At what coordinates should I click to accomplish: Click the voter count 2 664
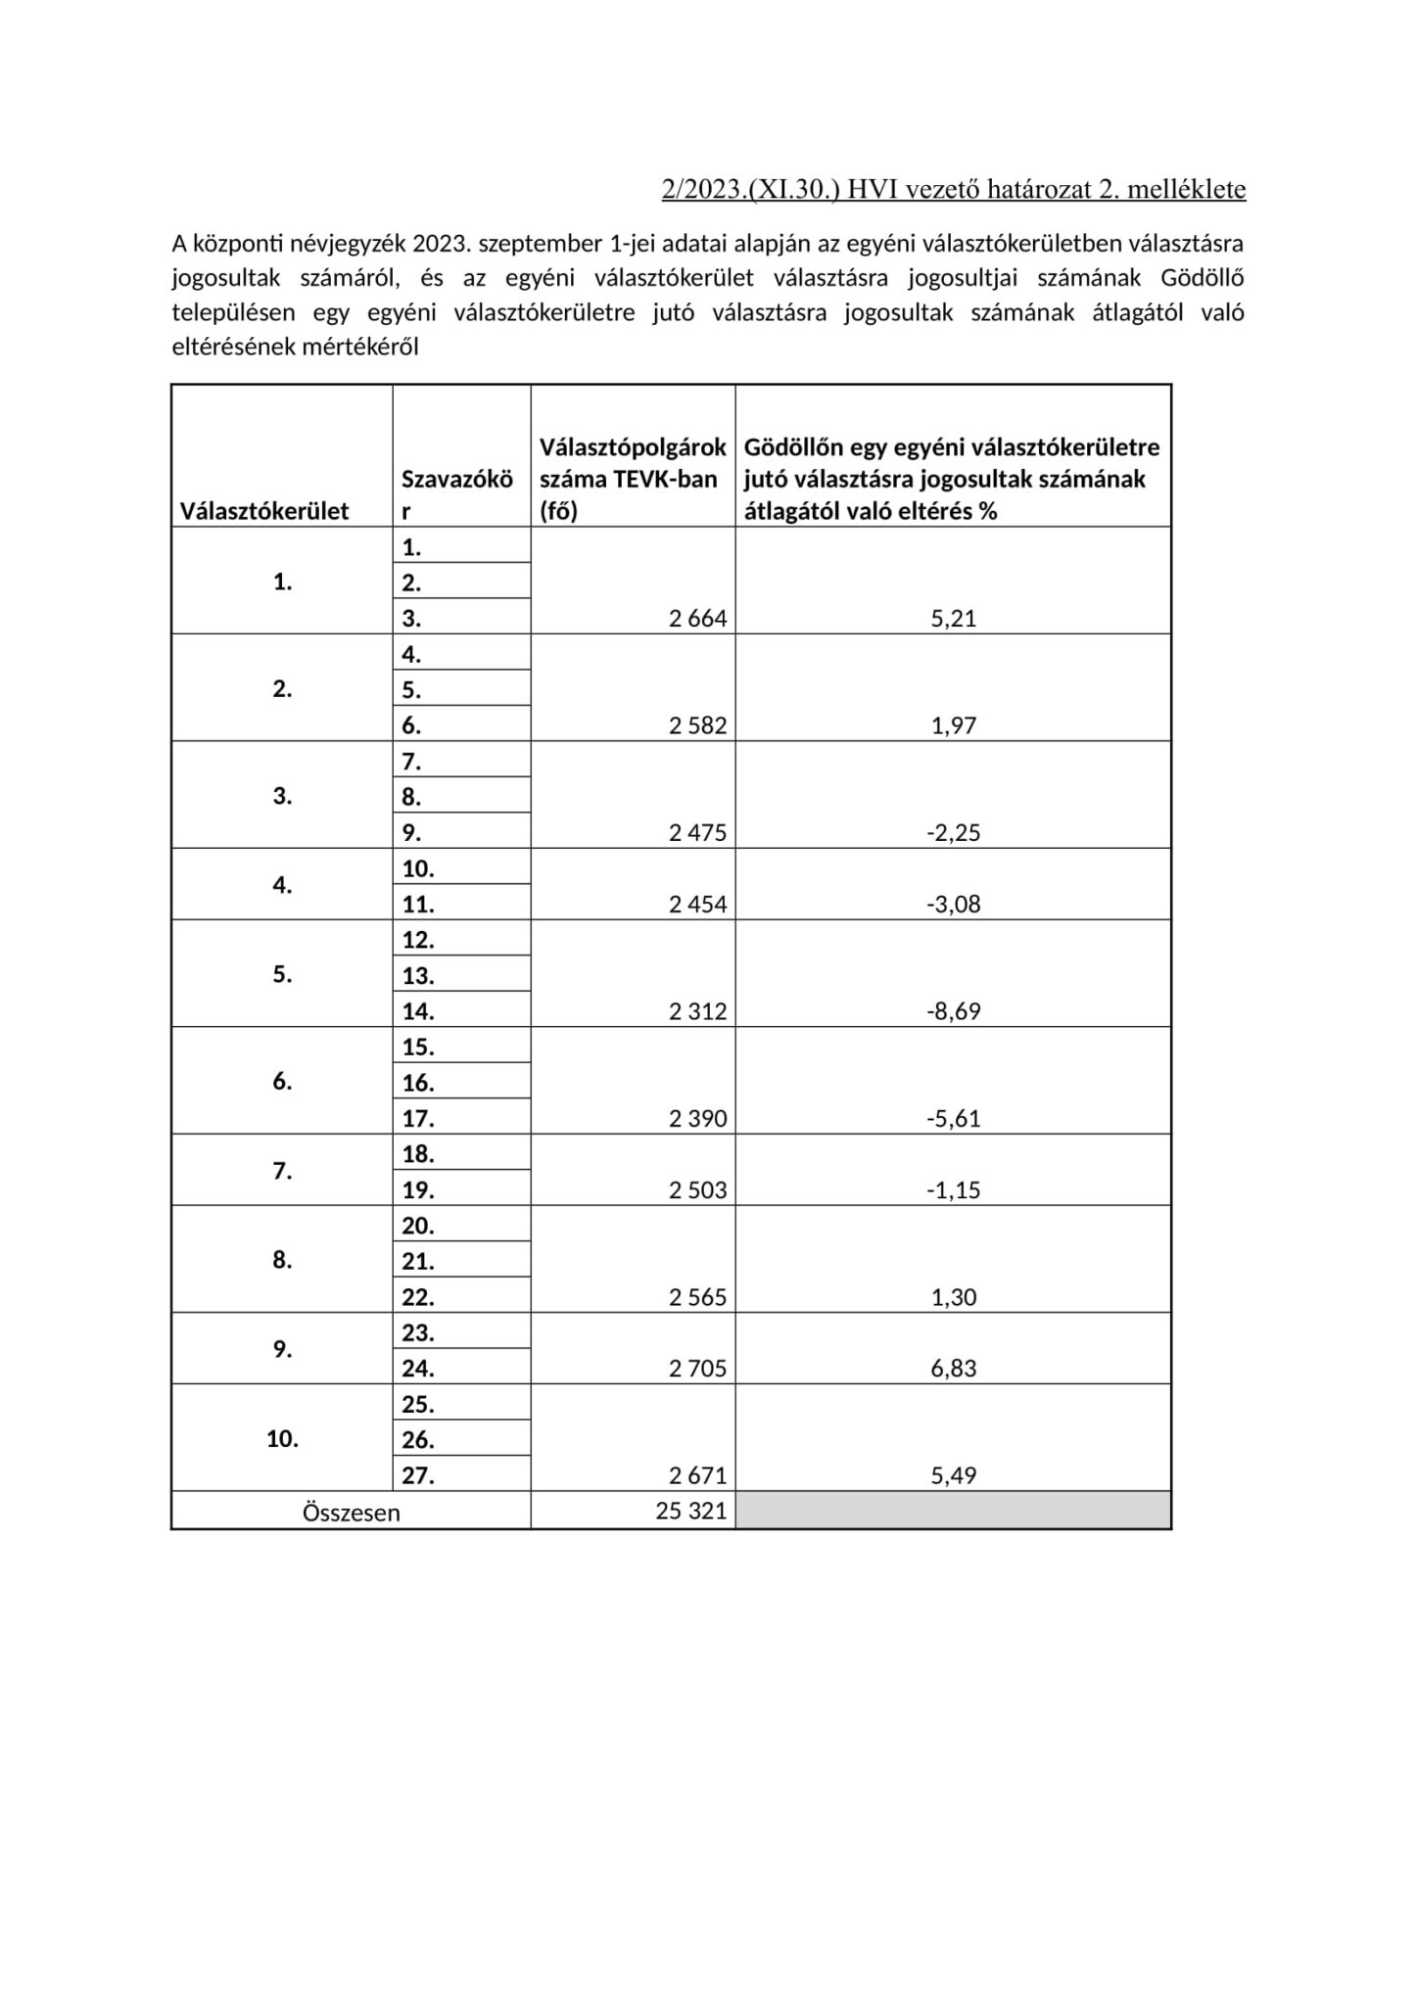point(698,619)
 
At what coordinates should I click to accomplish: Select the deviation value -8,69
point(953,1011)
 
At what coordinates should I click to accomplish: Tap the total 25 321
point(691,1511)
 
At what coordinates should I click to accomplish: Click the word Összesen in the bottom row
point(351,1513)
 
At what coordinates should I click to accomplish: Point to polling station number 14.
point(418,1011)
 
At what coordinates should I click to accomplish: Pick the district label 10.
point(282,1439)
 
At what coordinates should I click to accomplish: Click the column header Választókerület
point(264,511)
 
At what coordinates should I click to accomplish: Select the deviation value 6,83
point(953,1369)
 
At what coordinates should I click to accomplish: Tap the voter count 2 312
point(698,1011)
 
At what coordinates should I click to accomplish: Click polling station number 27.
point(418,1475)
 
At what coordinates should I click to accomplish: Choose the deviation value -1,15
point(953,1190)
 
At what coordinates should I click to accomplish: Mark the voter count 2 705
point(698,1369)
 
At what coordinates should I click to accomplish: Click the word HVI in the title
point(869,189)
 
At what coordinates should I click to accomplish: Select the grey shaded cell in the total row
point(953,1511)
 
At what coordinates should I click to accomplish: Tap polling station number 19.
point(418,1190)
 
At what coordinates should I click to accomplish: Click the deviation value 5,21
point(953,619)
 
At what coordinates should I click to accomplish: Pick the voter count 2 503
point(698,1190)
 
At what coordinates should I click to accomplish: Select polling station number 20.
point(418,1226)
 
